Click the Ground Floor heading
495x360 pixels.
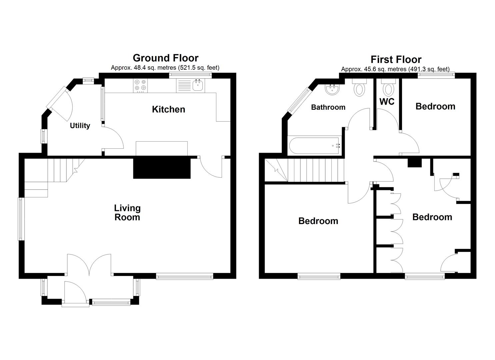[165, 58]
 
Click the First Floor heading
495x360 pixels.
[396, 60]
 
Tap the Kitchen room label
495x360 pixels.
[168, 109]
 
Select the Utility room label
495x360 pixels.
[80, 126]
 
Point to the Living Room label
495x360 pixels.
[127, 213]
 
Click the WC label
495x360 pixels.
[387, 101]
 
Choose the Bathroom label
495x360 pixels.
[328, 107]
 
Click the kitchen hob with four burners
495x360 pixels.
[140, 86]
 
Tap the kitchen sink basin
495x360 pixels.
[198, 85]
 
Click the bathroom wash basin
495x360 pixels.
[332, 89]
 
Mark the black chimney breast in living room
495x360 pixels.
[161, 168]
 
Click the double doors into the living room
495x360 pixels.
[89, 265]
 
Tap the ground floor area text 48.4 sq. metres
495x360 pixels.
[165, 68]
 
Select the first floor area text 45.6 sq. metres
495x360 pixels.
[395, 69]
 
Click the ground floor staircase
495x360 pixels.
[60, 172]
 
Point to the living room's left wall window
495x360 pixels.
[21, 219]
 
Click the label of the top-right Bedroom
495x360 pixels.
[435, 106]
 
